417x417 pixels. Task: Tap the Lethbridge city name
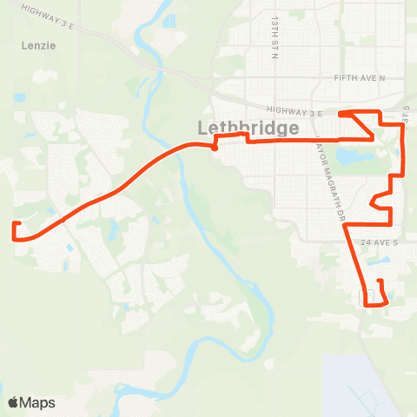click(x=248, y=128)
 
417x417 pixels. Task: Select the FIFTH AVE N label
click(x=359, y=77)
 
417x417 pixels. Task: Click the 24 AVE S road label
click(x=380, y=242)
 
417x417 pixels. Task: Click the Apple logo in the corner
click(x=13, y=402)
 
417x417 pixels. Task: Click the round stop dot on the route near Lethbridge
click(x=214, y=148)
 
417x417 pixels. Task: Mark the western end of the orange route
click(x=15, y=224)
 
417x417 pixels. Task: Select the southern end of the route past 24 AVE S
click(x=381, y=281)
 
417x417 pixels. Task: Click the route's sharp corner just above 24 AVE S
click(x=347, y=226)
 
